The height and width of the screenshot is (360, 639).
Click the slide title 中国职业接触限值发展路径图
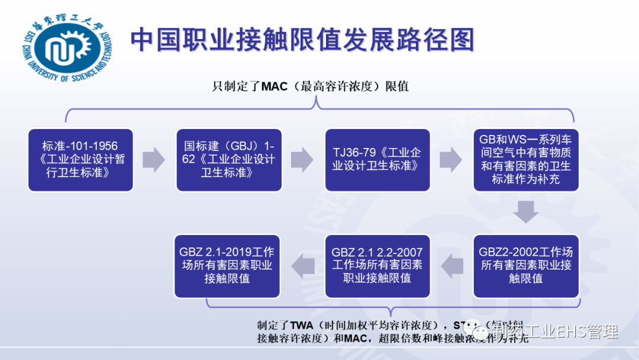click(x=302, y=40)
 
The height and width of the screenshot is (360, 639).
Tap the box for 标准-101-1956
click(x=80, y=160)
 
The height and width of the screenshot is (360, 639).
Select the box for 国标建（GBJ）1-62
click(x=229, y=160)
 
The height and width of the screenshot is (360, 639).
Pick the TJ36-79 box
click(x=377, y=160)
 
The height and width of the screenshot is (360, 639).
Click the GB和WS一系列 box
click(x=525, y=160)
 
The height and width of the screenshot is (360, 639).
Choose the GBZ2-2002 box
click(x=525, y=265)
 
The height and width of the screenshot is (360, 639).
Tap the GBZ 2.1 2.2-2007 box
click(x=377, y=265)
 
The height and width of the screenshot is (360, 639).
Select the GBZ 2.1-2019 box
click(x=227, y=265)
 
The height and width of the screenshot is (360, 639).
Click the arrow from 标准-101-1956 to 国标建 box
click(x=154, y=160)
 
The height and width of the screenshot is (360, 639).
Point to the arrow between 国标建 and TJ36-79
click(x=302, y=160)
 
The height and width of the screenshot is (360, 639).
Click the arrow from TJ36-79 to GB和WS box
click(x=451, y=160)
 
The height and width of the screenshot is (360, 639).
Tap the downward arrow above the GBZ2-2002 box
click(x=525, y=211)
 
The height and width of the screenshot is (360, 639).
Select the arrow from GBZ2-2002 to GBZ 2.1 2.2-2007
click(x=453, y=265)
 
